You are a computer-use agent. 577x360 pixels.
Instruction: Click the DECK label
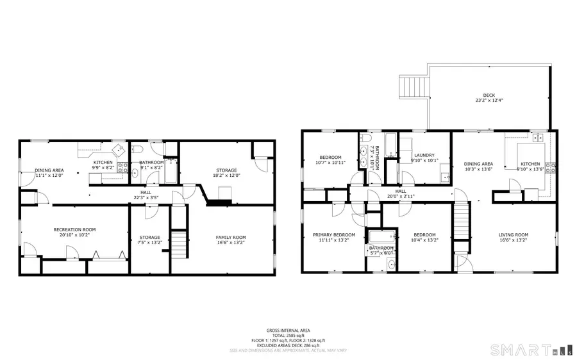pos(485,95)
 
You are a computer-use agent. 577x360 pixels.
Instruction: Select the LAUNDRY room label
pos(424,155)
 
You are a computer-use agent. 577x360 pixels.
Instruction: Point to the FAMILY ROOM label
pos(230,237)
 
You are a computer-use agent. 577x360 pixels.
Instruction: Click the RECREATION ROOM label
pos(74,229)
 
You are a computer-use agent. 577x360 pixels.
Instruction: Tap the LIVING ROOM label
pos(513,234)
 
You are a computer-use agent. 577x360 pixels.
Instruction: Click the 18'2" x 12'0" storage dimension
pos(226,176)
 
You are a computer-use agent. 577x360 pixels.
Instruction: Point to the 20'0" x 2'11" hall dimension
pos(401,196)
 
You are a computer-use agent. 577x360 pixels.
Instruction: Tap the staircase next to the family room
pos(181,243)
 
